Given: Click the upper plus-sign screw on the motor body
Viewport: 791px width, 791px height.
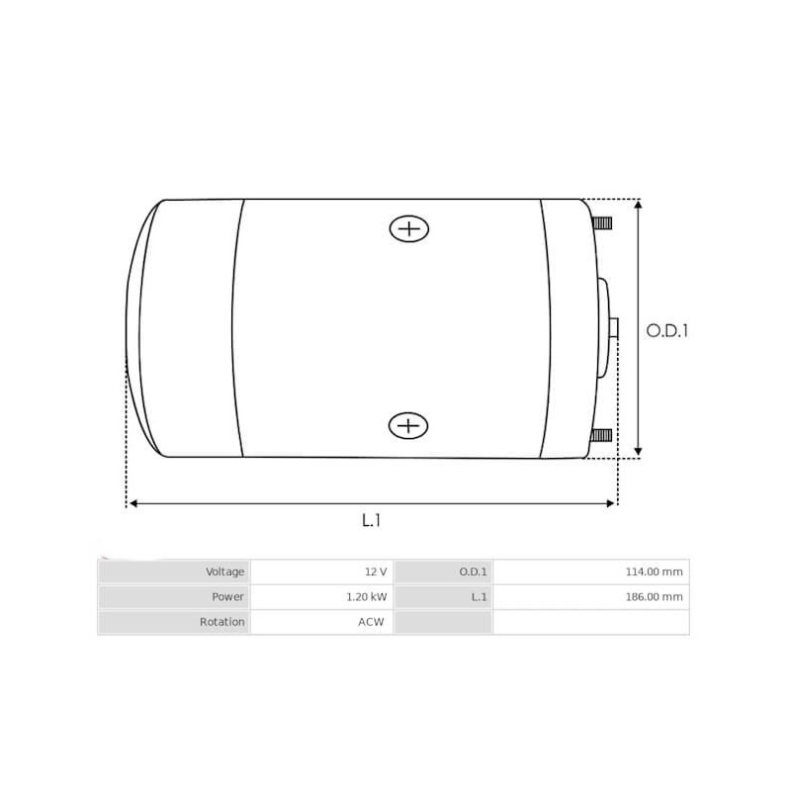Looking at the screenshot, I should point(408,229).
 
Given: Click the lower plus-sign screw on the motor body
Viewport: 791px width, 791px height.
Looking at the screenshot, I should point(408,426).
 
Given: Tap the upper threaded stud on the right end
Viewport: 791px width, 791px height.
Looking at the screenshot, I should point(601,222).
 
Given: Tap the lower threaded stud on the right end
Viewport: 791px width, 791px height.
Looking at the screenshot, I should point(601,435).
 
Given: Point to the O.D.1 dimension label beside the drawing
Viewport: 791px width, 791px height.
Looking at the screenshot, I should point(666,330).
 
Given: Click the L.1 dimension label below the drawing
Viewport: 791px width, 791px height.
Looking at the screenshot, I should point(371,520).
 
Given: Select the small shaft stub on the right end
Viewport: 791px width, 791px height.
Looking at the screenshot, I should point(614,328).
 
